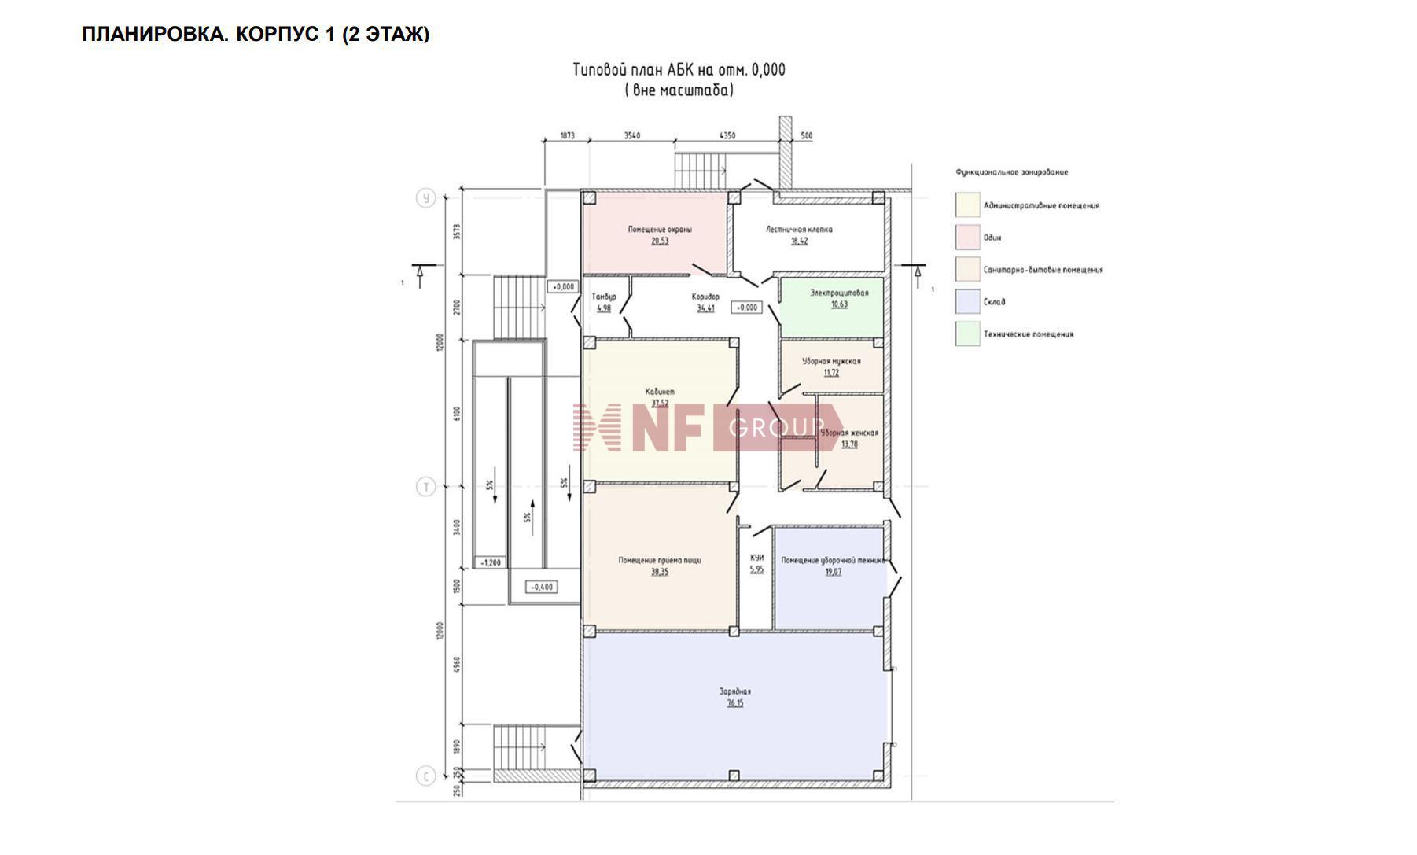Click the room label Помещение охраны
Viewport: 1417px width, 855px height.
click(x=660, y=230)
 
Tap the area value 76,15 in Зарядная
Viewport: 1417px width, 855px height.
click(x=735, y=704)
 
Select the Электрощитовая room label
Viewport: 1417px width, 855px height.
click(x=839, y=293)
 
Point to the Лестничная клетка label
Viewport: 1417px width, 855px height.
click(x=799, y=230)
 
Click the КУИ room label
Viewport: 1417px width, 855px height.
click(x=756, y=558)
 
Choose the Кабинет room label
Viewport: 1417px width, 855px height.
click(x=660, y=392)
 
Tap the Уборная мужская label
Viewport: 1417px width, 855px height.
click(x=831, y=362)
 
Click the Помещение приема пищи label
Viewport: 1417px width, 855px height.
click(x=660, y=561)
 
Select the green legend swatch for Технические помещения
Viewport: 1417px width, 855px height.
click(x=967, y=334)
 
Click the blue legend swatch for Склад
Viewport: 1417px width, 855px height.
click(x=967, y=301)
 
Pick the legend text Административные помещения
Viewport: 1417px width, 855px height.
click(x=1041, y=206)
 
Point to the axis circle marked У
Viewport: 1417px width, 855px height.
click(x=425, y=198)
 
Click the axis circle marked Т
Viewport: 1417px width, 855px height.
click(x=425, y=487)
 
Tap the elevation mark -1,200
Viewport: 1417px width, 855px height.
click(x=491, y=562)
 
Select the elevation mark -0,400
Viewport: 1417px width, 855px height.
click(x=541, y=587)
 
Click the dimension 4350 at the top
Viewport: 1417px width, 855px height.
click(x=727, y=135)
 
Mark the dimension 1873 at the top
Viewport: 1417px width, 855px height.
click(x=567, y=135)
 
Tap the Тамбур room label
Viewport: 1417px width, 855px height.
click(x=604, y=297)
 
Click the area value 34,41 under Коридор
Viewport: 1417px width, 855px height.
click(x=705, y=308)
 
